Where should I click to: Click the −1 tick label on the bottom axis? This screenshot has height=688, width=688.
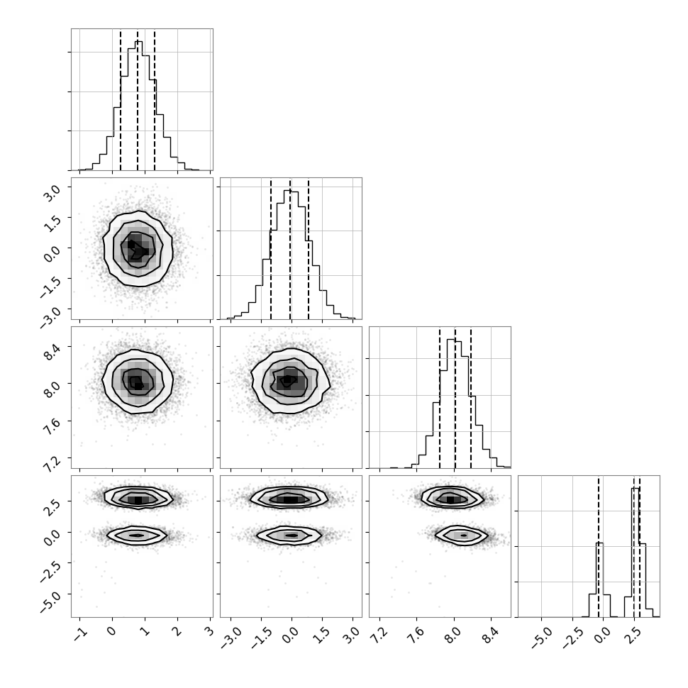click(x=80, y=632)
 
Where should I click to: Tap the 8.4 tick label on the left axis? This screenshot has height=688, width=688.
click(x=52, y=352)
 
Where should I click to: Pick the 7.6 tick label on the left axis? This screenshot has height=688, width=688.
click(x=52, y=427)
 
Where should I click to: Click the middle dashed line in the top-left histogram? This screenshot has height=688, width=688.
click(x=138, y=99)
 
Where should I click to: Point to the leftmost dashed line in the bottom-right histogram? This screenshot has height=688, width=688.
click(x=598, y=547)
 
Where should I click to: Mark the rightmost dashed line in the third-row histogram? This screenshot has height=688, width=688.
click(x=471, y=397)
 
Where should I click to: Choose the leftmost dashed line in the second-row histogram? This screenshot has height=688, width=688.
click(x=271, y=248)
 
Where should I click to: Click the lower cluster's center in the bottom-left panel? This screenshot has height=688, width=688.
click(x=137, y=536)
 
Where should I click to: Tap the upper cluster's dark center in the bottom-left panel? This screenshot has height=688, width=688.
click(x=138, y=500)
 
